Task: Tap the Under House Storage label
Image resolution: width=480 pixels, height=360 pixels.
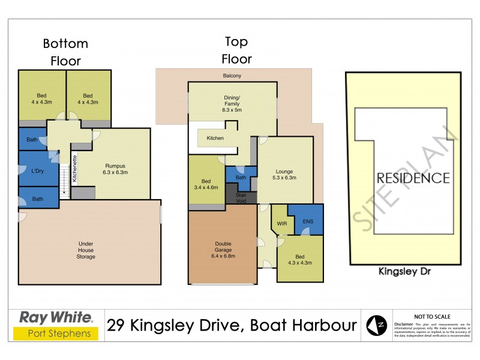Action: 86,250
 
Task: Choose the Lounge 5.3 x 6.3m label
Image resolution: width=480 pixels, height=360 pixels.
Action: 285,174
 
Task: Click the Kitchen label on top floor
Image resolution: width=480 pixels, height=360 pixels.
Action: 215,139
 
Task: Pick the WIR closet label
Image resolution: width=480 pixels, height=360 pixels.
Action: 281,224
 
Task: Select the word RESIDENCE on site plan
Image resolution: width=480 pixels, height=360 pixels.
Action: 413,178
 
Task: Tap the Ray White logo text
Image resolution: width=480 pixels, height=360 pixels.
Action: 56,317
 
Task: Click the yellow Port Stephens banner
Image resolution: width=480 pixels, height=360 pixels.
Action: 56,334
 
